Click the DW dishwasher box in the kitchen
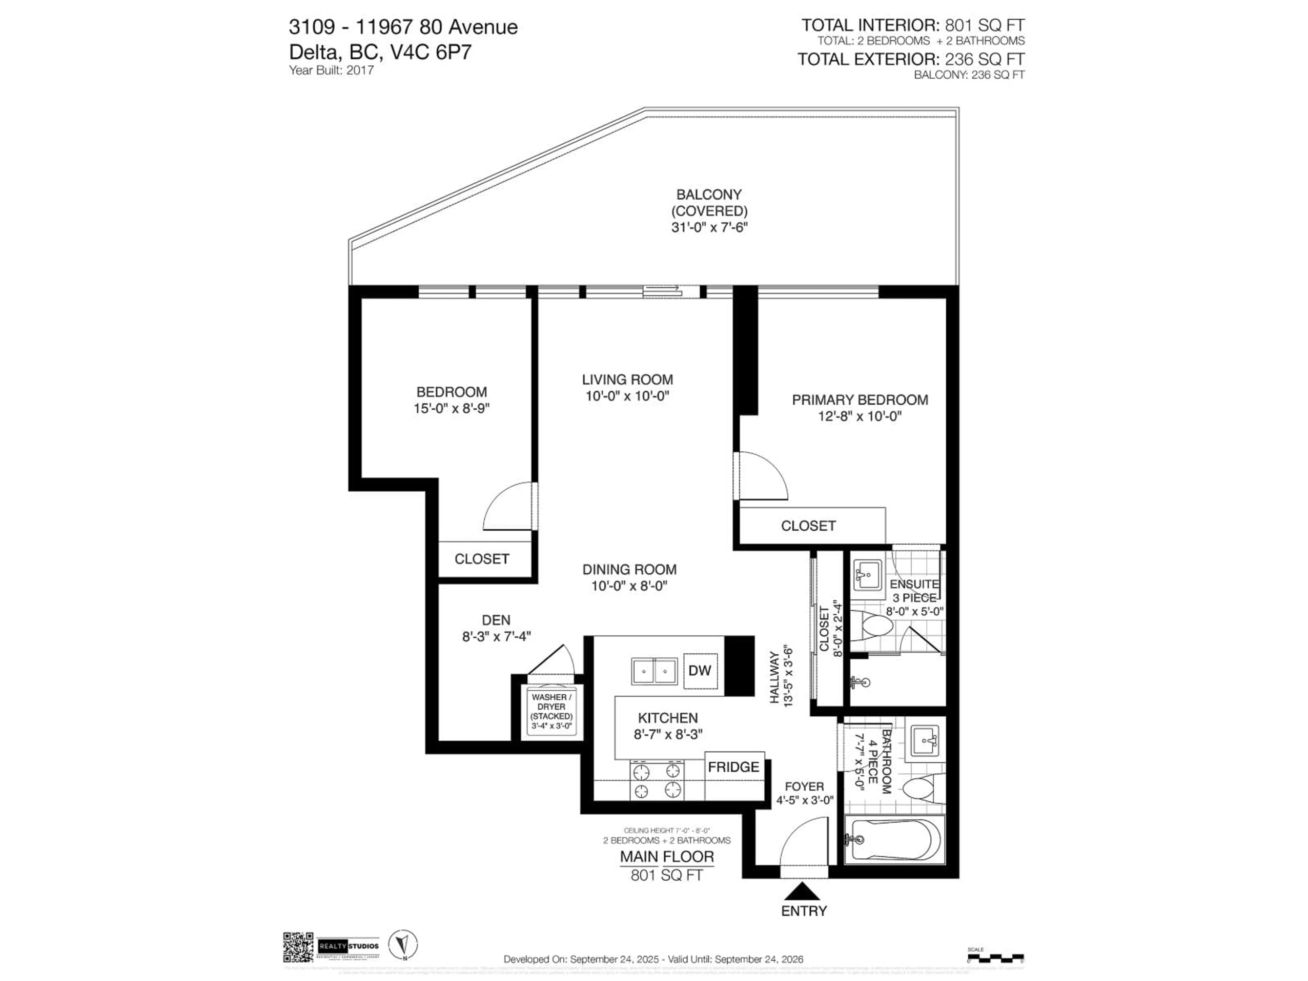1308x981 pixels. coord(700,671)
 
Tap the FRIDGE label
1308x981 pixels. coord(733,767)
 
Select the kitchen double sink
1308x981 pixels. coord(654,671)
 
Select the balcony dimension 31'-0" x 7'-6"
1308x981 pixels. coord(710,228)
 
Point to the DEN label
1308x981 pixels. coord(496,620)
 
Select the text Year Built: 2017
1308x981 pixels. coord(331,71)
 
